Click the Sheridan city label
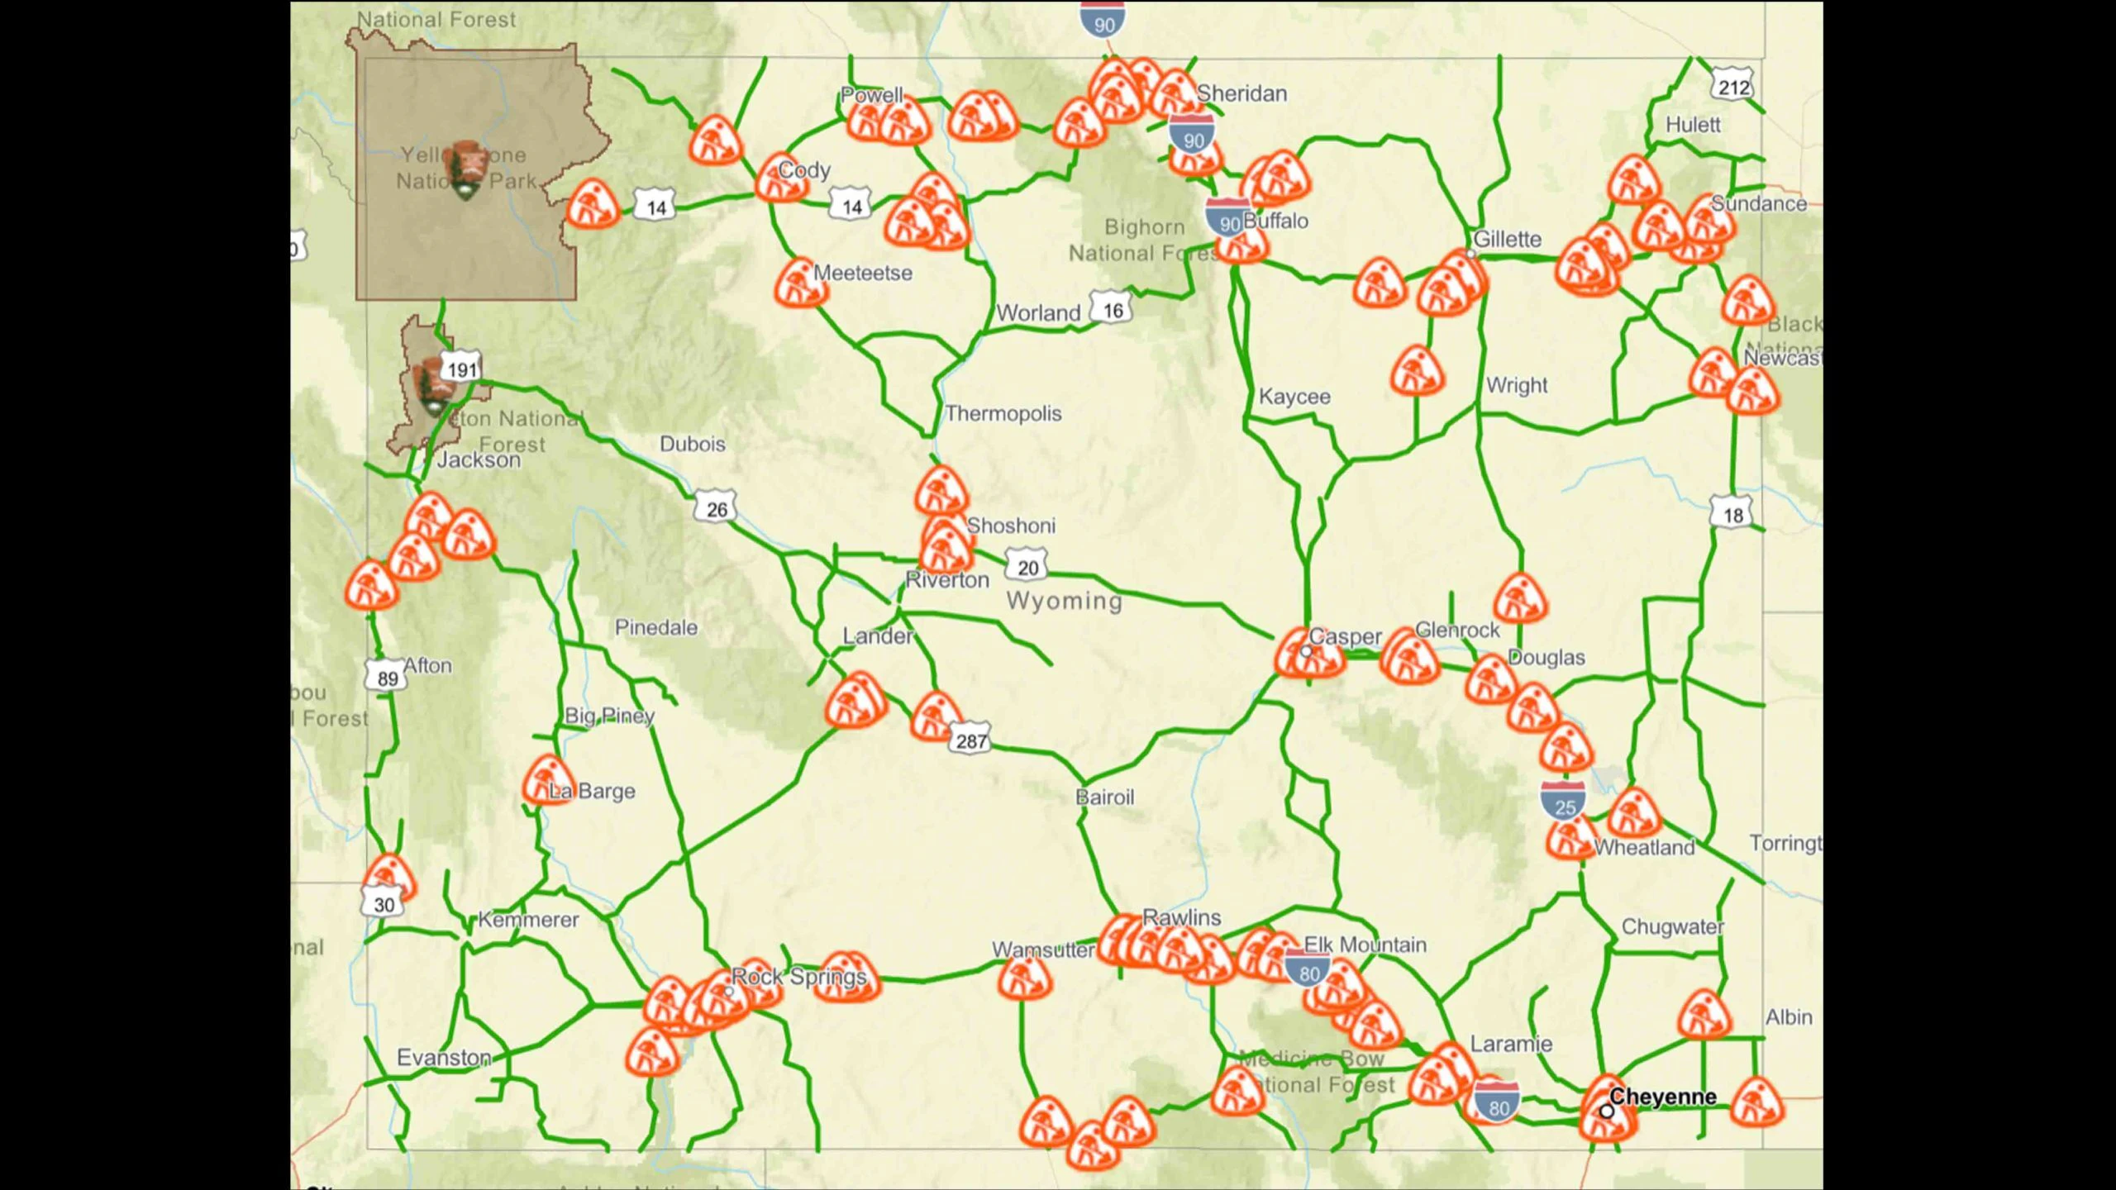[1241, 94]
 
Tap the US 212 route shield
[1732, 88]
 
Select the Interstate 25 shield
[1563, 803]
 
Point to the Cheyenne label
[1662, 1097]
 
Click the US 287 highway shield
[971, 740]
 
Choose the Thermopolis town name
[1003, 413]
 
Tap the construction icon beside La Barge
[547, 779]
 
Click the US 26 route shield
[716, 508]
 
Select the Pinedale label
[656, 628]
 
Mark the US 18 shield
[1732, 514]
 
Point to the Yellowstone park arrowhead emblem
[465, 170]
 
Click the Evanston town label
[444, 1058]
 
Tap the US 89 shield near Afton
[387, 678]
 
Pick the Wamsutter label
[1043, 950]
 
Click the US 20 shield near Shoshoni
[1027, 567]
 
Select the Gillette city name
[1508, 240]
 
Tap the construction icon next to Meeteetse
[800, 283]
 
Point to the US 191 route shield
[460, 369]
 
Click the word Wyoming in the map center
[1065, 601]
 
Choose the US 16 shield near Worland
[1113, 310]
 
